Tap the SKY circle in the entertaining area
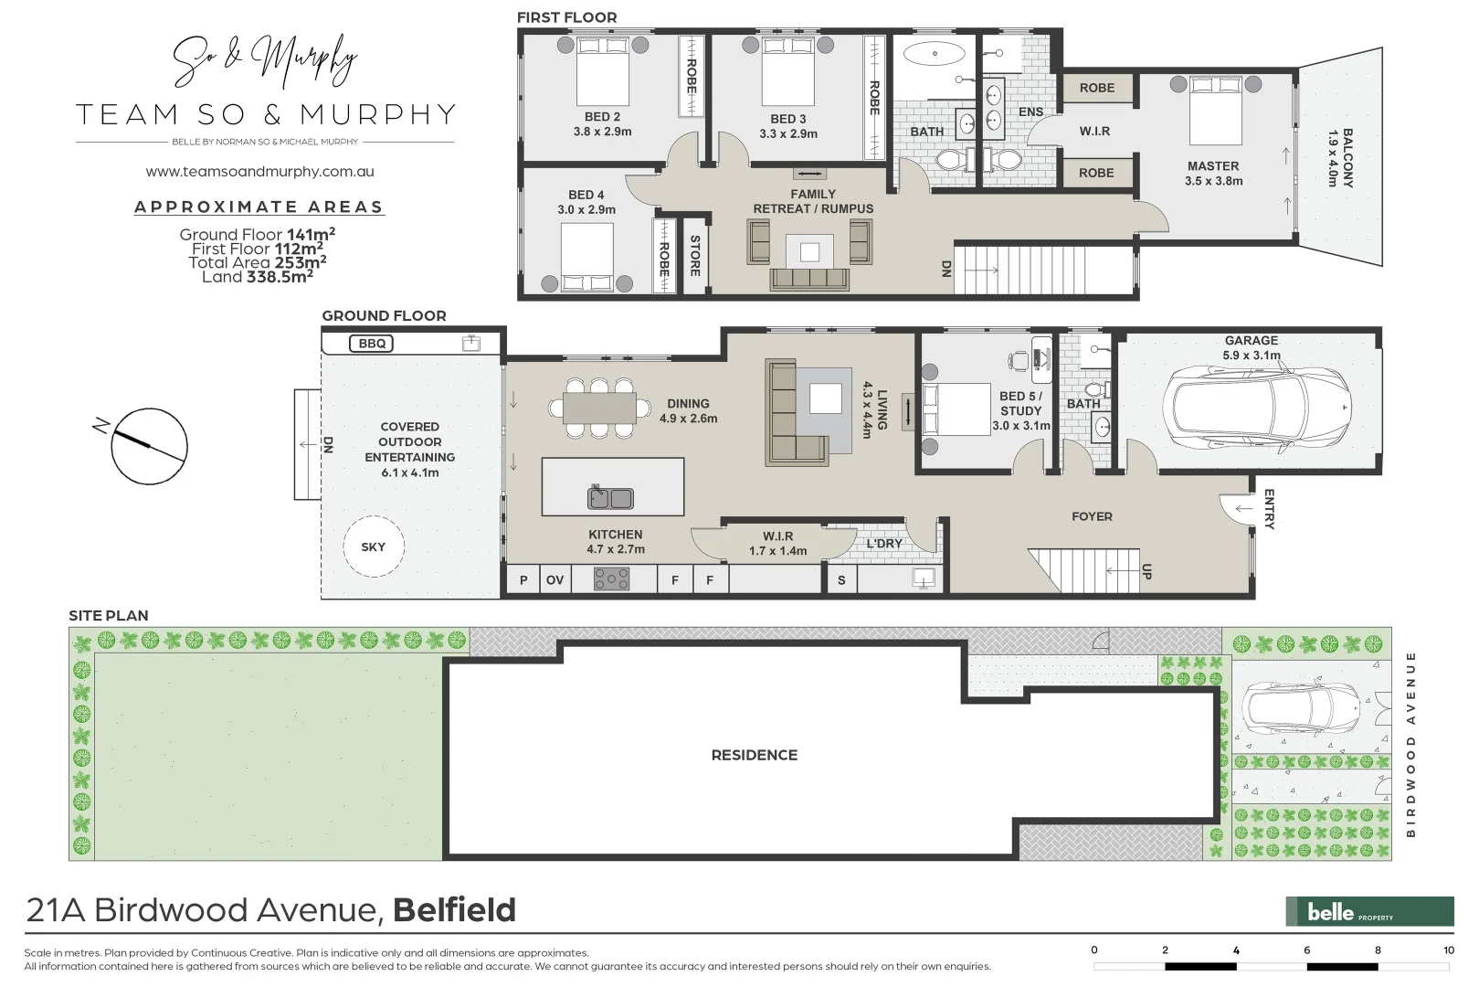click(373, 547)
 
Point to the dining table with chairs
click(599, 408)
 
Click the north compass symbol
click(149, 446)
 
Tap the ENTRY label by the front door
click(1269, 509)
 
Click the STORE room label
click(695, 256)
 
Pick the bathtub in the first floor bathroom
click(935, 54)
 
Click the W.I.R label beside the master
click(1094, 131)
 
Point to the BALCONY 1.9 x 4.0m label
click(1339, 157)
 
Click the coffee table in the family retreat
click(809, 250)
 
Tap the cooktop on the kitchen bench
click(611, 578)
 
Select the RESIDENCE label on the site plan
click(754, 755)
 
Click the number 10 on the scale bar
click(1448, 950)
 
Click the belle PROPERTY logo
click(1368, 911)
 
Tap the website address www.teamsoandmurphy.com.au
click(259, 172)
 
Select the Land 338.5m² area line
click(257, 277)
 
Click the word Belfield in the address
click(454, 910)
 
